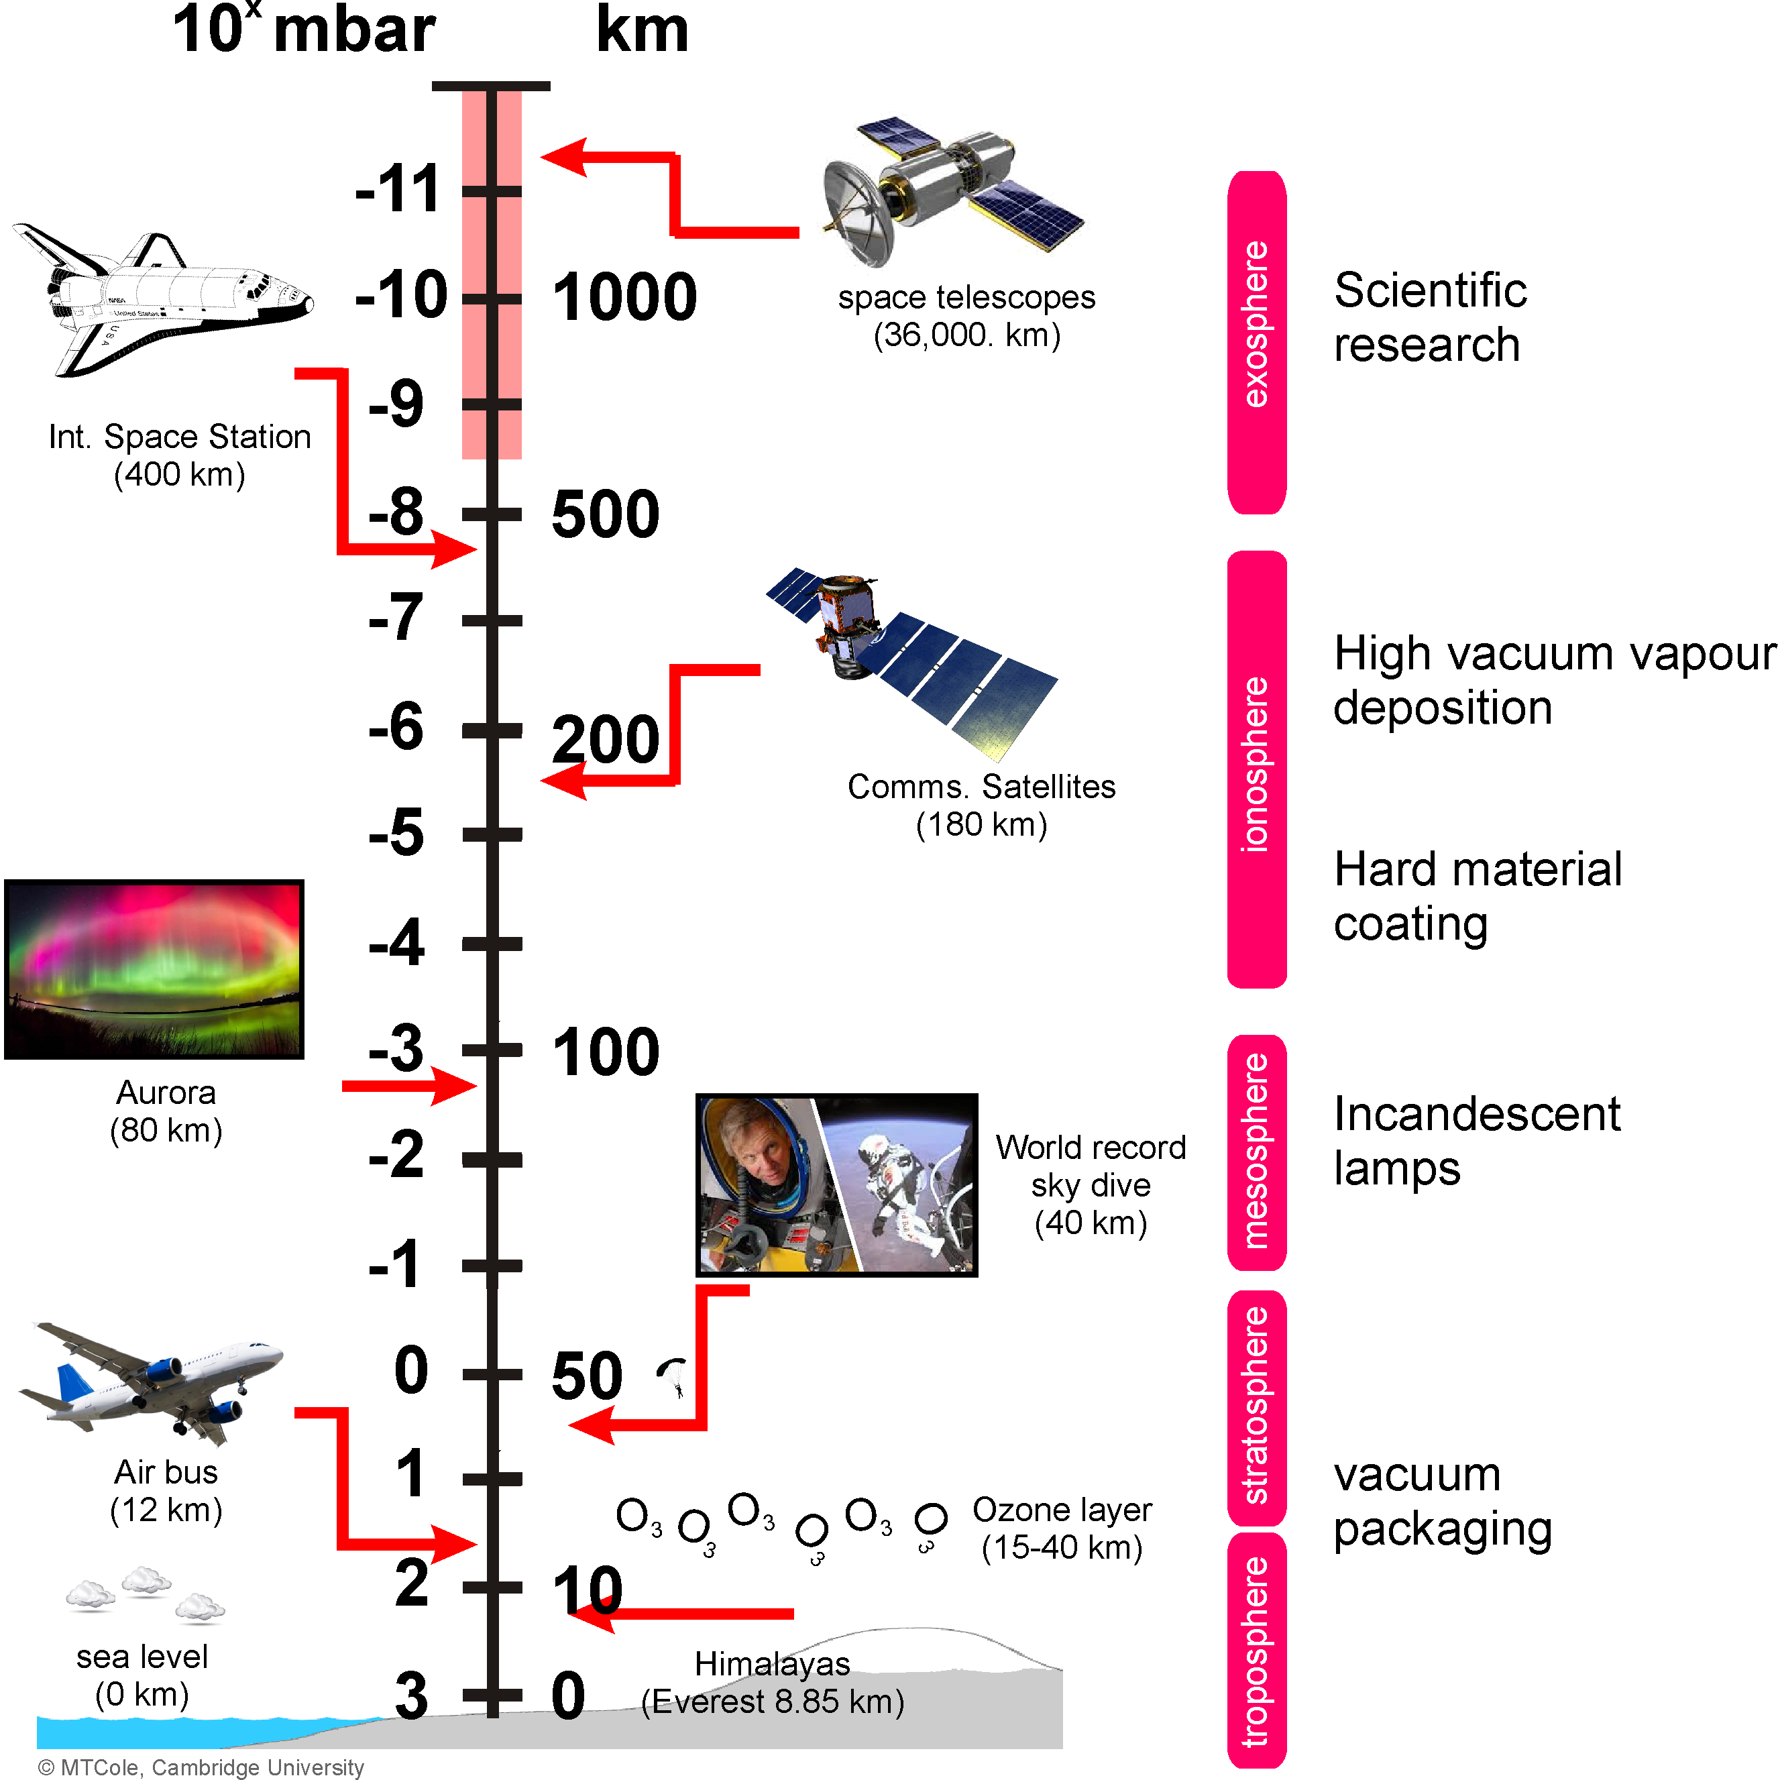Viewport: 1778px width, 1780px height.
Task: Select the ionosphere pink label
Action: (1257, 769)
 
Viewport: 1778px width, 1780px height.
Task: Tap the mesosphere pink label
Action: (1257, 1152)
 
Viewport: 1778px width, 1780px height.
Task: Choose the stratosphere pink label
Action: (1257, 1408)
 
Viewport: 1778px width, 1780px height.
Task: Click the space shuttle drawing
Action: (166, 299)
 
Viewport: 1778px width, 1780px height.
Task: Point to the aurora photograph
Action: (154, 968)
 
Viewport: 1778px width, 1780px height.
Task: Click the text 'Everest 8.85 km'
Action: (774, 1702)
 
